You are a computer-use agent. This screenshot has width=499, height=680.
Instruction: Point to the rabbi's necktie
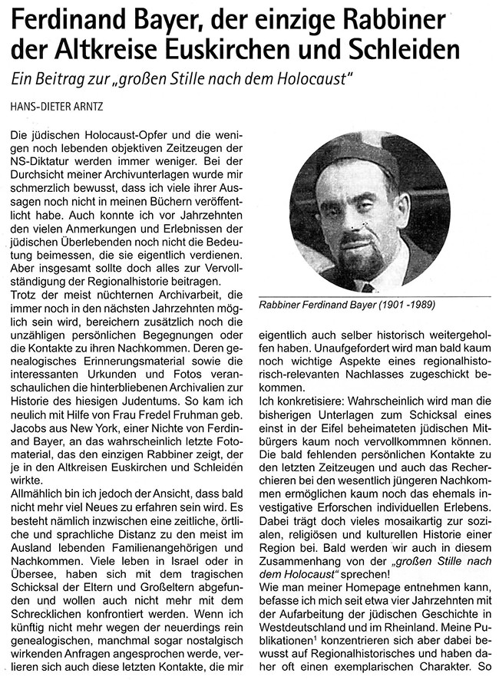(x=369, y=288)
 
